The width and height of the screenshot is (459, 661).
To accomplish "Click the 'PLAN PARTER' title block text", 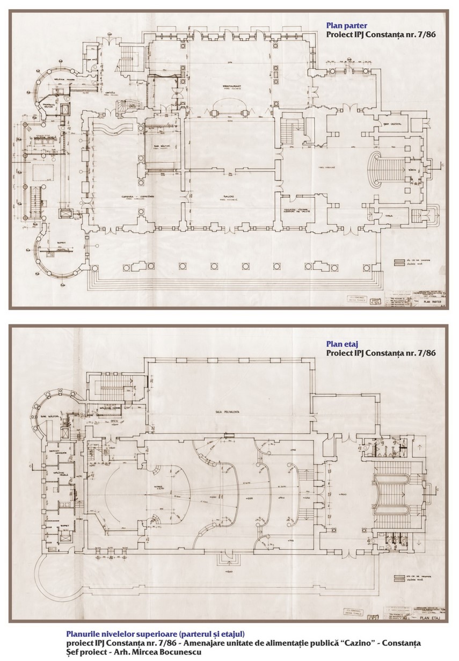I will click(431, 301).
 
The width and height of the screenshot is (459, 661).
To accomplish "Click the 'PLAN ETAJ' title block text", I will click(433, 618).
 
